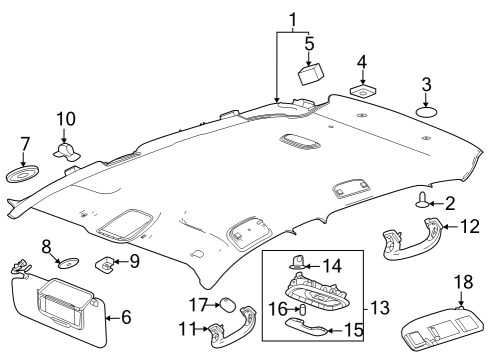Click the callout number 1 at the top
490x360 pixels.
292,20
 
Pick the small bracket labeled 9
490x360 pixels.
104,265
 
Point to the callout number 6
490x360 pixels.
126,317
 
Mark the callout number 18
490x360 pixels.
461,284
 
